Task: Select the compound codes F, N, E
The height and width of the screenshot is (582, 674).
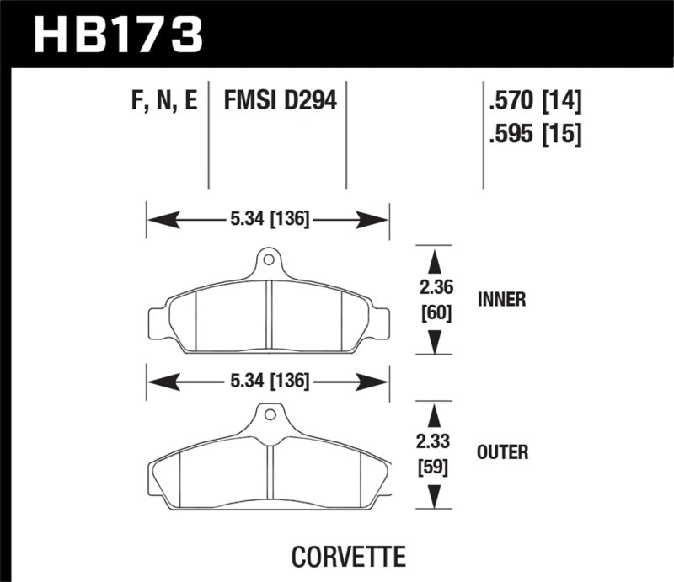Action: [x=166, y=102]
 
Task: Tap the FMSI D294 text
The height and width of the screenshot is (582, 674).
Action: [x=279, y=102]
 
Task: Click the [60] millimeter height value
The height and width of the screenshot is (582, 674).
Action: [x=436, y=313]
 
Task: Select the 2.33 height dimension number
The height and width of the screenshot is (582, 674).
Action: [x=436, y=441]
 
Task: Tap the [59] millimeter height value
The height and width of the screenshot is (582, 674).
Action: [x=436, y=466]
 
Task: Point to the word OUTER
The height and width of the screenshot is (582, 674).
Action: [x=502, y=453]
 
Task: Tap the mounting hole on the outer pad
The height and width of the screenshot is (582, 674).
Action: [x=268, y=414]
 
